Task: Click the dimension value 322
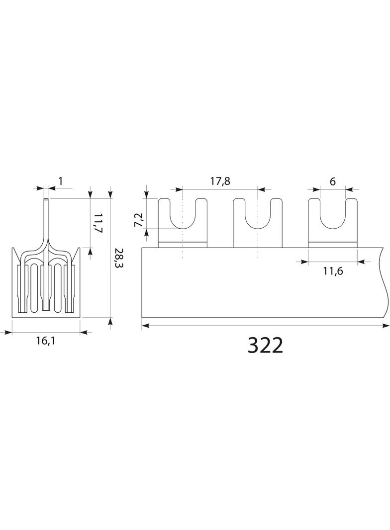pos(266,346)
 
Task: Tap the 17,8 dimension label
pos(220,181)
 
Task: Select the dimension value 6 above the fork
pos(332,181)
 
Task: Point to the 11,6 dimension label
pos(332,271)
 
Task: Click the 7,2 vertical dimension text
pos(139,220)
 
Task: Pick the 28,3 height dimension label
pos(119,258)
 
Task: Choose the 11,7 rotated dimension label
pos(98,222)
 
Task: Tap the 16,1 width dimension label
pos(45,341)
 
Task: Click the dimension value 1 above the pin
pos(60,181)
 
